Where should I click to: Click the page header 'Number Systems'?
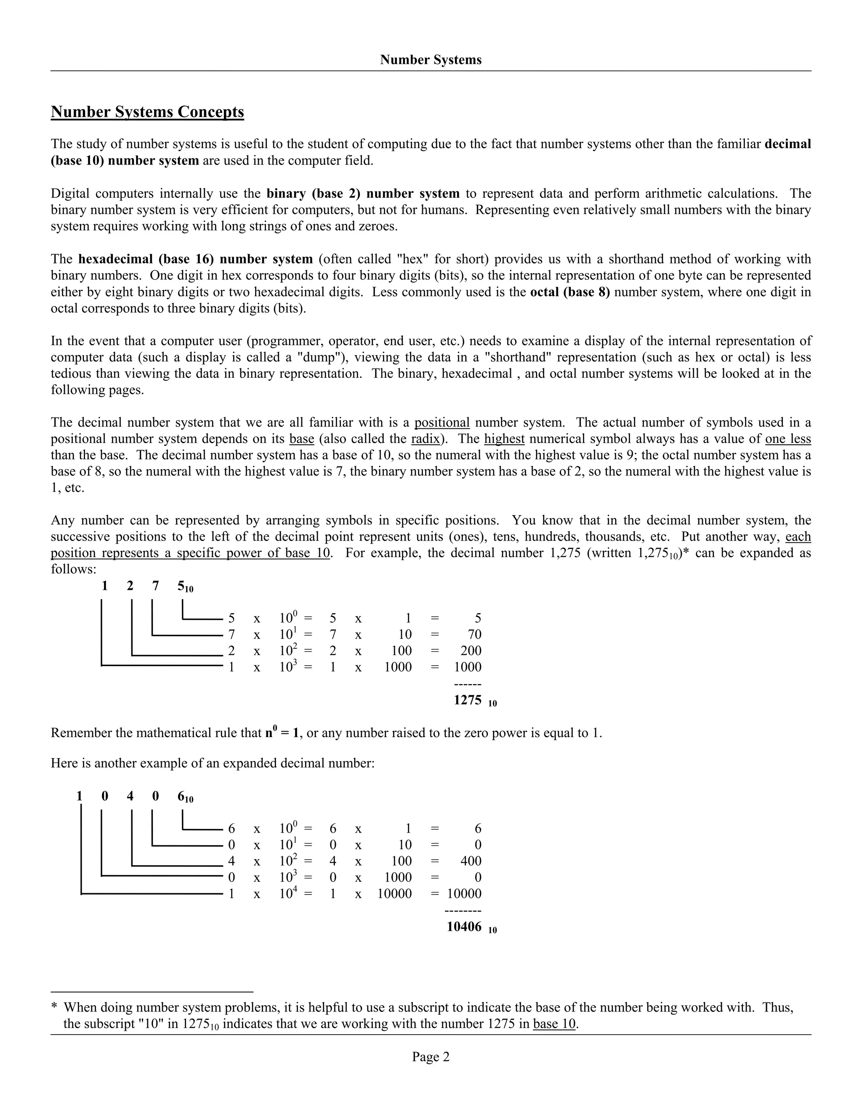pos(431,60)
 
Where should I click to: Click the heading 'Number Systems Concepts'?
pos(147,112)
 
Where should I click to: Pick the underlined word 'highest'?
pos(504,438)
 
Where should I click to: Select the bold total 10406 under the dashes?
pos(464,926)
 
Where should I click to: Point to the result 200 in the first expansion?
pos(471,650)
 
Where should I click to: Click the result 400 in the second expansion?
pos(471,861)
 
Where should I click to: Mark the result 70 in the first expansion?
pos(474,634)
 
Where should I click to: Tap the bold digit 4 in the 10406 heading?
pos(130,796)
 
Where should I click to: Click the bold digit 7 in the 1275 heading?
pos(155,586)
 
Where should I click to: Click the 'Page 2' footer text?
pos(431,1057)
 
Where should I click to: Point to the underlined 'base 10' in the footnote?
pos(554,1024)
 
